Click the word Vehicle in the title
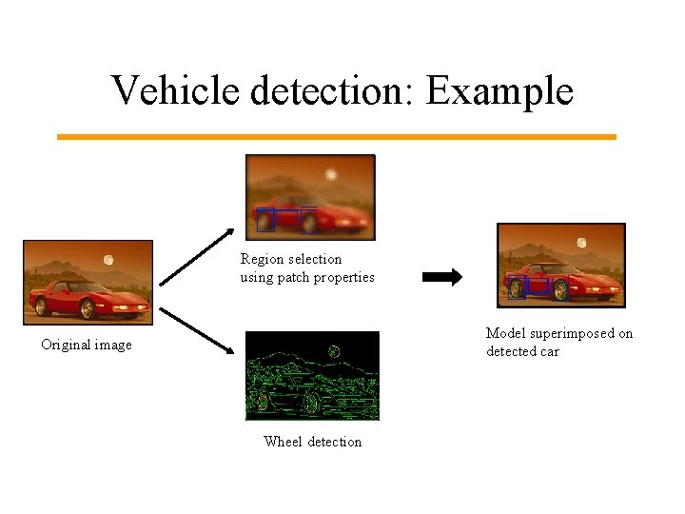(x=176, y=90)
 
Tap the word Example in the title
(x=499, y=92)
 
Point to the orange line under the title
(x=337, y=137)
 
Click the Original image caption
(x=87, y=345)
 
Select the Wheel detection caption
(x=312, y=442)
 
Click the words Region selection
(x=291, y=259)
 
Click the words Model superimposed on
(x=559, y=333)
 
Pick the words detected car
(x=522, y=351)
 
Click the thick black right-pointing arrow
(x=441, y=278)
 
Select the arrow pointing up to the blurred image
(x=197, y=257)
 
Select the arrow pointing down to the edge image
(x=197, y=330)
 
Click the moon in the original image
(x=108, y=259)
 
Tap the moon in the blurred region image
(x=331, y=175)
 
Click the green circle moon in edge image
(x=334, y=351)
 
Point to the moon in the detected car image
(x=581, y=243)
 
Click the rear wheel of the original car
(x=41, y=306)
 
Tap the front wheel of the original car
(x=88, y=309)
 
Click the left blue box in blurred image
(x=265, y=220)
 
